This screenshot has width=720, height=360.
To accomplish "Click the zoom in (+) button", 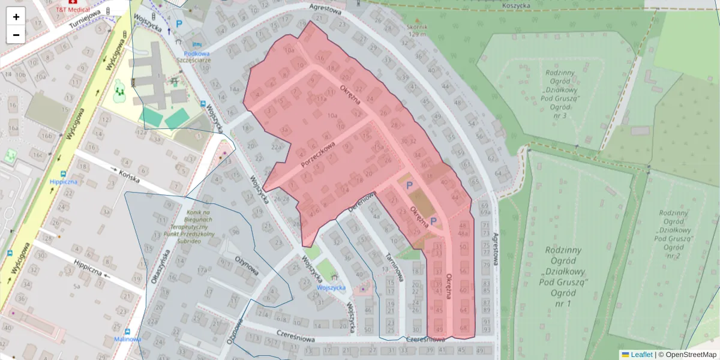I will point(16,16).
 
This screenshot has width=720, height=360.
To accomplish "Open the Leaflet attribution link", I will point(641,355).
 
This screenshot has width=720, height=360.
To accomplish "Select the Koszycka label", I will point(517,5).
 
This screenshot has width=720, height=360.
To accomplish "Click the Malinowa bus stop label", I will point(127,339).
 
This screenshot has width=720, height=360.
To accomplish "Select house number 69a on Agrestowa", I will point(485,212).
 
